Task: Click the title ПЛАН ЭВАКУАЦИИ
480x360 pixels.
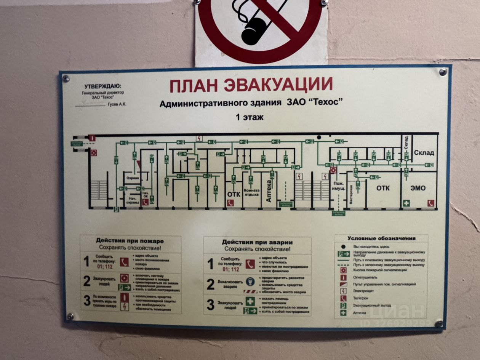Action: [x=251, y=85]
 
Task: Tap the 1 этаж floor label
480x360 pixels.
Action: [x=250, y=117]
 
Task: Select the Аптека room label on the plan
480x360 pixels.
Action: [x=269, y=191]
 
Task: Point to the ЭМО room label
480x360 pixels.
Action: [x=418, y=188]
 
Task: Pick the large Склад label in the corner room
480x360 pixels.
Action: [x=424, y=153]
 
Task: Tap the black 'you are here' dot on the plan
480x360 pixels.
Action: [x=319, y=137]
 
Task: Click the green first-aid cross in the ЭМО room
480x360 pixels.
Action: [x=406, y=203]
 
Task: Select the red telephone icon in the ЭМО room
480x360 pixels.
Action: [x=430, y=203]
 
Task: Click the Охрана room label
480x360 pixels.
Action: [x=133, y=178]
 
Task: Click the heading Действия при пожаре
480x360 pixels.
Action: [x=130, y=241]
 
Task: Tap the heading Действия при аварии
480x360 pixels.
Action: [x=257, y=242]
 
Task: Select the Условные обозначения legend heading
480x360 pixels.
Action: [x=381, y=238]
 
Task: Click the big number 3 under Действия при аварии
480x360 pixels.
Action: [x=210, y=305]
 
